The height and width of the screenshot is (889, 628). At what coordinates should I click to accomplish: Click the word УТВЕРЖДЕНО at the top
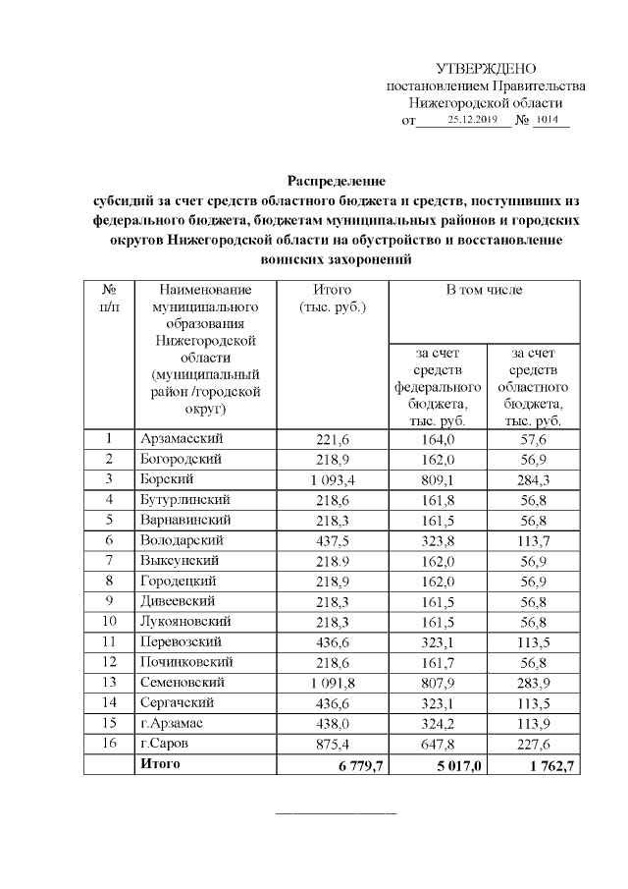[x=486, y=68]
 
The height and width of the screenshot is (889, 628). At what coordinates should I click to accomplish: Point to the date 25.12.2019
[x=472, y=120]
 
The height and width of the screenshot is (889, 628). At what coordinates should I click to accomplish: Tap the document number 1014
[x=549, y=120]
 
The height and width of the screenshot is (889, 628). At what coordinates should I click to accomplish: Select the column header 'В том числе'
[x=485, y=290]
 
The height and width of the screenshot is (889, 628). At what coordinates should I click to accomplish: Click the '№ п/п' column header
[x=109, y=299]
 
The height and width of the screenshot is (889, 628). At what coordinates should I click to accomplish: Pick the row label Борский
[x=167, y=479]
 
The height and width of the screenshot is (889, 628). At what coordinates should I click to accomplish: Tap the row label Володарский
[x=183, y=540]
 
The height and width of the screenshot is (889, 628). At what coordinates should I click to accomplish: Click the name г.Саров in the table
[x=165, y=743]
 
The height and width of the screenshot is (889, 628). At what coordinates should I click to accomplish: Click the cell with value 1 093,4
[x=336, y=479]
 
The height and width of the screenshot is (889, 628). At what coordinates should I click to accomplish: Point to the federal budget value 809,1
[x=438, y=479]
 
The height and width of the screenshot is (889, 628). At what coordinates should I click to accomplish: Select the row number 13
[x=109, y=682]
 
